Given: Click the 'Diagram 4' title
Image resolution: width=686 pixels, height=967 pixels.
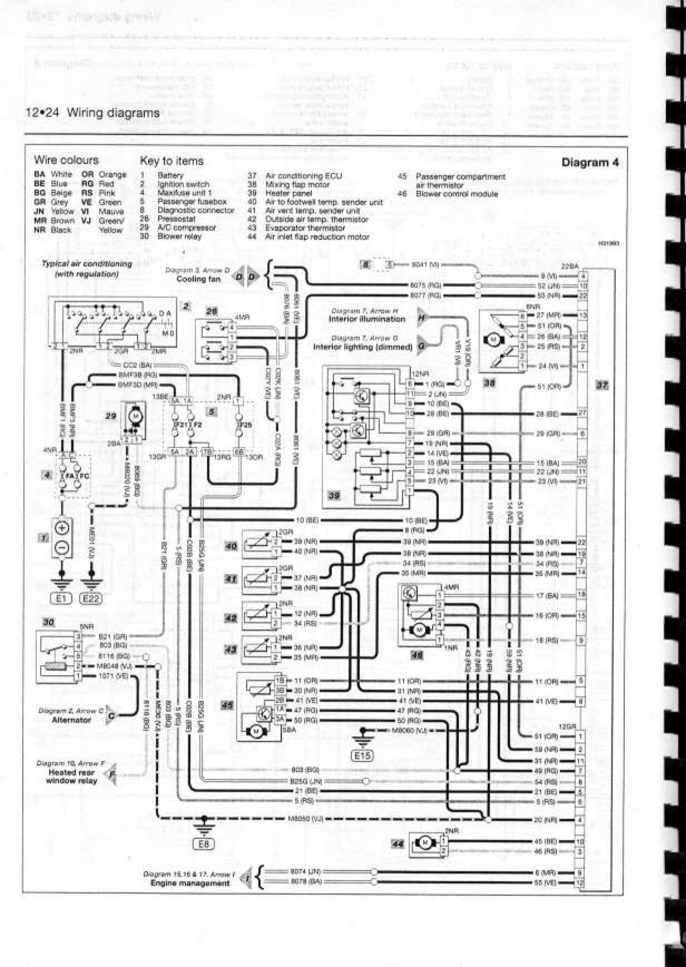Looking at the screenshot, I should point(590,163).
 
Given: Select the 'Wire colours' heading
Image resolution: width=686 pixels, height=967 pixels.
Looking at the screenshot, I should point(66,160).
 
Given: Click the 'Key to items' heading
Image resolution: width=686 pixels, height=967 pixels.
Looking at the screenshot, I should point(171,161).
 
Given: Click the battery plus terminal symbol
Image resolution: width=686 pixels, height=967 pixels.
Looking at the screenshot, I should point(62,528).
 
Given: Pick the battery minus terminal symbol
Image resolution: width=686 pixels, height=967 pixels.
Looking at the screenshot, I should point(62,548).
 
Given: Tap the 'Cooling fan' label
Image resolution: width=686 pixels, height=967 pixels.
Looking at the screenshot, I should point(198,279).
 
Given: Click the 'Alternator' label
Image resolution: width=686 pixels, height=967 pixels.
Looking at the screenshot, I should point(72,720).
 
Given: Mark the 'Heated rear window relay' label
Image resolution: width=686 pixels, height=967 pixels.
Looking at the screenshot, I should point(72,776).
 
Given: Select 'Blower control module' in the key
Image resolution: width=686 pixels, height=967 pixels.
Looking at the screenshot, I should point(457,194).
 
